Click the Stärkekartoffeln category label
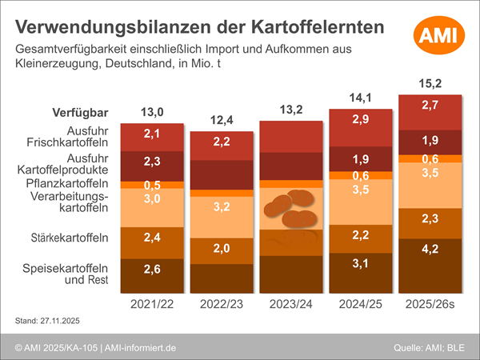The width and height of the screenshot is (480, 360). coord(74,238)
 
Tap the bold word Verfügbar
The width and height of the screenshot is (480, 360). coord(80,112)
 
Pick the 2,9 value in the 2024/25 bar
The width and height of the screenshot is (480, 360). coord(361,119)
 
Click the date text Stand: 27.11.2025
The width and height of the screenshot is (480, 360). coord(49,321)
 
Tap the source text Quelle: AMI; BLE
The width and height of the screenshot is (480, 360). coord(432,346)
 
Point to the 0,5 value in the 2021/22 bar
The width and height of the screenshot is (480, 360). coord(152,185)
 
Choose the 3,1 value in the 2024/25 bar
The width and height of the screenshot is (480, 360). coord(361,263)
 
